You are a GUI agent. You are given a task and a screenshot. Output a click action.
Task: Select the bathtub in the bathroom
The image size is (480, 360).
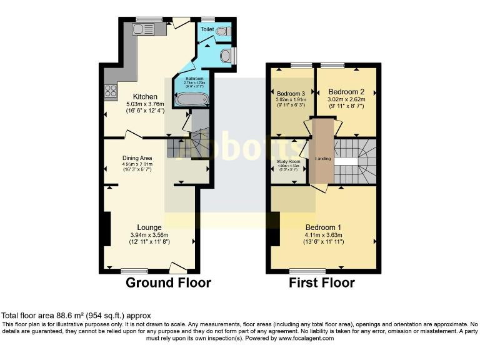pyautogui.click(x=190, y=99)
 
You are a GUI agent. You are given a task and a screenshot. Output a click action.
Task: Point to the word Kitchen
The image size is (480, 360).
pyautogui.click(x=145, y=96)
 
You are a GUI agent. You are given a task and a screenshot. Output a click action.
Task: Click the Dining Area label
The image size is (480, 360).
pyautogui.click(x=137, y=158)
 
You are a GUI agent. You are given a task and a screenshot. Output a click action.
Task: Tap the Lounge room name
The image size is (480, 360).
pyautogui.click(x=149, y=227)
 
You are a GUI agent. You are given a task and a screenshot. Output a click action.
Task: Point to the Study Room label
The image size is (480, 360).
pyautogui.click(x=289, y=161)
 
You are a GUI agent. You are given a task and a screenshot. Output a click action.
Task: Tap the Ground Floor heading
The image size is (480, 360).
pyautogui.click(x=168, y=282)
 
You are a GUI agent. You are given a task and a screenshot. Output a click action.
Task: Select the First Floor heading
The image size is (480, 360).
pyautogui.click(x=321, y=282)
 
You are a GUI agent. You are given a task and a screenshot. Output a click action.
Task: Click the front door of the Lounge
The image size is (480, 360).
pyautogui.click(x=178, y=268)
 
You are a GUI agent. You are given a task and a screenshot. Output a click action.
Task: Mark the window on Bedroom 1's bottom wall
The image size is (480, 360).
pyautogui.click(x=307, y=271)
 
